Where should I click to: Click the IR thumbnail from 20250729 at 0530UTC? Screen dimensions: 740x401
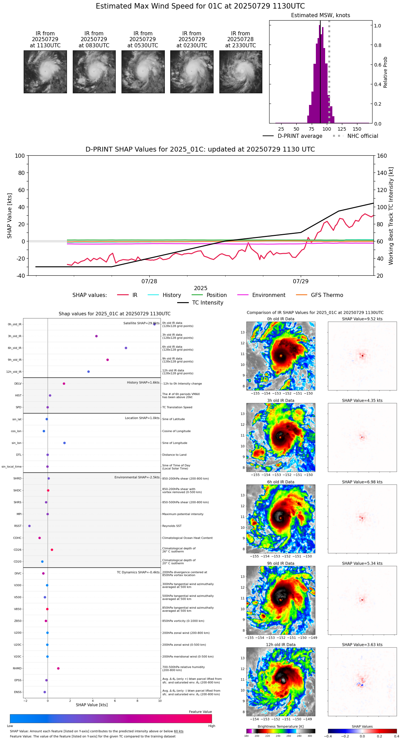(143, 72)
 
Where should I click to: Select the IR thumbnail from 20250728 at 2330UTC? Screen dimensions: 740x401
(241, 72)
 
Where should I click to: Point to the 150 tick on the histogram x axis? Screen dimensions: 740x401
(357, 129)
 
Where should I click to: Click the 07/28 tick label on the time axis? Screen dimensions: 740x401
(149, 282)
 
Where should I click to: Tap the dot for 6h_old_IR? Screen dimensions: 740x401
(126, 348)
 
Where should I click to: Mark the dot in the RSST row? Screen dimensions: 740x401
(30, 526)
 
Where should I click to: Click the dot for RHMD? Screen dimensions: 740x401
(58, 668)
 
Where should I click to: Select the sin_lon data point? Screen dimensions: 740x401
(65, 443)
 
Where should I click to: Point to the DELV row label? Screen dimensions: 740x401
(18, 384)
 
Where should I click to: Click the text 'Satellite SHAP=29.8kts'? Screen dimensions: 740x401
(141, 323)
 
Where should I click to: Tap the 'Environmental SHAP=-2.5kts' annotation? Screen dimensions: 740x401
(137, 477)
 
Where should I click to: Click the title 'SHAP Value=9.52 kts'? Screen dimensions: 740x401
(362, 319)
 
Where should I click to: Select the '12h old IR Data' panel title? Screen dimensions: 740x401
(280, 645)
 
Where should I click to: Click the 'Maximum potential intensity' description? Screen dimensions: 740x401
(183, 514)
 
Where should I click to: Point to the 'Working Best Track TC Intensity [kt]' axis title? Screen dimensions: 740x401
(391, 216)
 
